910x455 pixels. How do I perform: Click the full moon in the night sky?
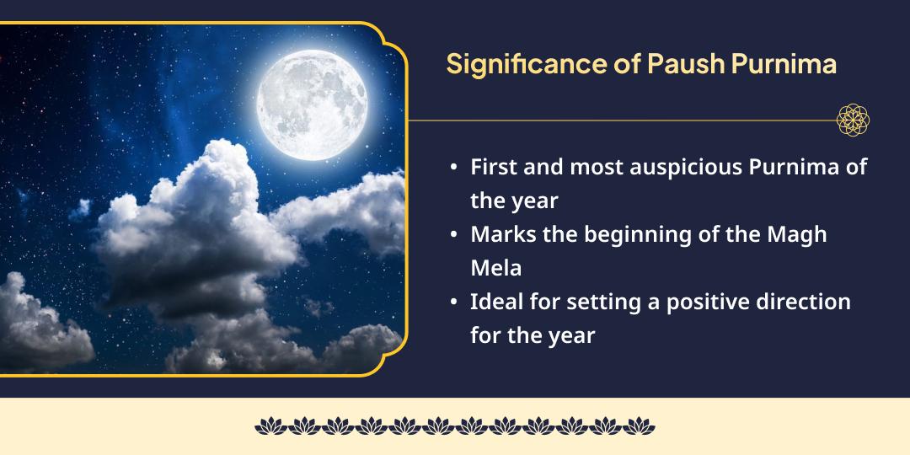313,104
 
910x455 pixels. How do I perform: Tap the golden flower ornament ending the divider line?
853,120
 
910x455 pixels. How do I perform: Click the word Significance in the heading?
526,65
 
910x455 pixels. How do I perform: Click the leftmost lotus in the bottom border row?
271,426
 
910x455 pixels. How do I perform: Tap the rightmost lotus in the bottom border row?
639,426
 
